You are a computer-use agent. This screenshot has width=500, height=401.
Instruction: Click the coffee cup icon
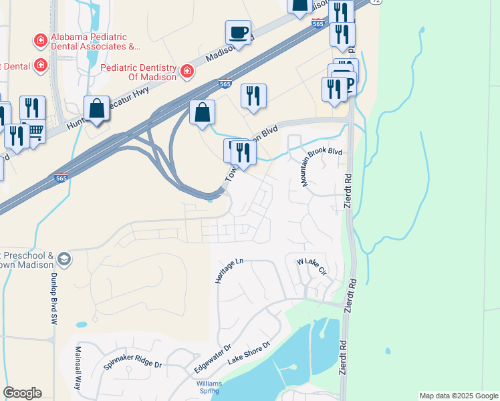click(x=238, y=31)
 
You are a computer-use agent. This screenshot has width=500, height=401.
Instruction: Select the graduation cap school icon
click(x=64, y=259)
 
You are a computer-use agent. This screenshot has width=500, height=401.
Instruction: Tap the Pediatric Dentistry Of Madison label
click(x=138, y=72)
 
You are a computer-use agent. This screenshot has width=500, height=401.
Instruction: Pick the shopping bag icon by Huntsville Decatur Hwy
click(x=97, y=108)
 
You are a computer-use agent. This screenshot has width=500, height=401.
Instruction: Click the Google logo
click(x=21, y=393)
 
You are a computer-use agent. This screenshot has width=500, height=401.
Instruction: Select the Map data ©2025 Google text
click(x=459, y=396)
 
